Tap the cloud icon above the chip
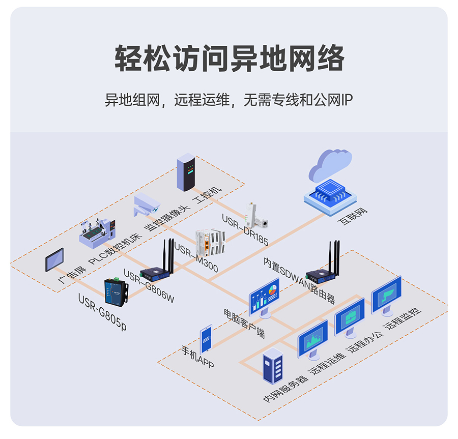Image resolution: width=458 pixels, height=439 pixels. [332, 164]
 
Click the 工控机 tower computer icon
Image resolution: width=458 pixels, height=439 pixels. [186, 172]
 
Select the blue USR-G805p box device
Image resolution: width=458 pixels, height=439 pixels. [115, 291]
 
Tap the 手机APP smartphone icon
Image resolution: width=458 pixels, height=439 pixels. [206, 338]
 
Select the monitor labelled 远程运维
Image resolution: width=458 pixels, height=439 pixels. [312, 339]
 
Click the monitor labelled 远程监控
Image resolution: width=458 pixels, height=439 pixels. [386, 295]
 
